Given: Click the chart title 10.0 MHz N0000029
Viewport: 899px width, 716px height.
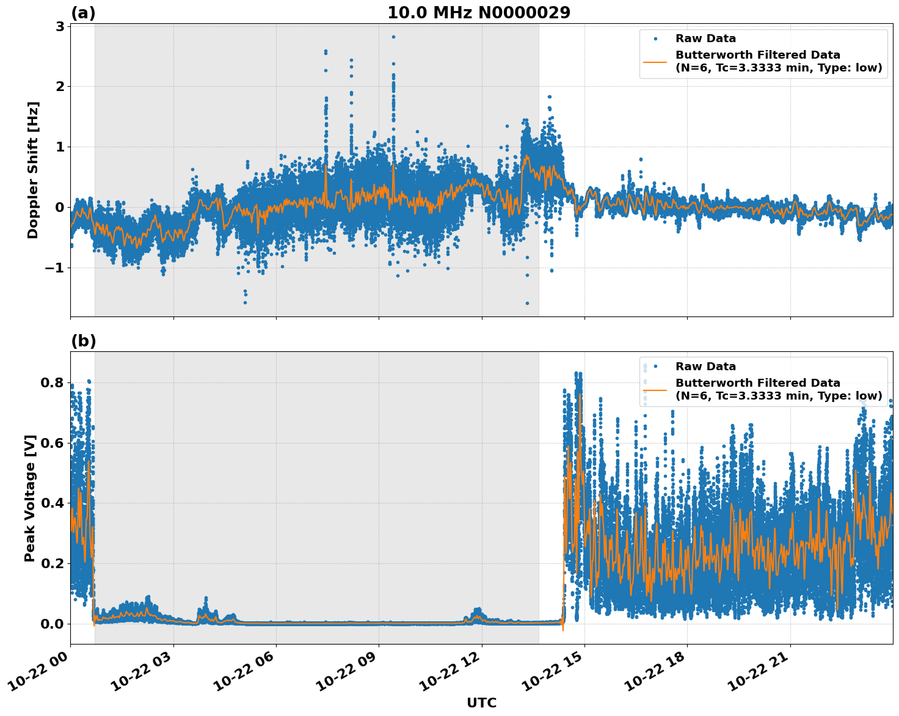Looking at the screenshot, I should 479,13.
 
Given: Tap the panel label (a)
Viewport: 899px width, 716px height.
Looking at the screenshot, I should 83,13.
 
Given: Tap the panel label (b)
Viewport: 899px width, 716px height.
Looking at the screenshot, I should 83,341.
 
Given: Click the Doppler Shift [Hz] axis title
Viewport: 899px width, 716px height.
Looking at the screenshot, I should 33,170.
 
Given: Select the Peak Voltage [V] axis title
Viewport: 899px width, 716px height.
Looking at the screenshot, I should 30,498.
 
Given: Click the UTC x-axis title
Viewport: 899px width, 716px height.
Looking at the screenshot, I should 481,703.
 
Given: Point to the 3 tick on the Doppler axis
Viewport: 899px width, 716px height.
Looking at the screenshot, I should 60,26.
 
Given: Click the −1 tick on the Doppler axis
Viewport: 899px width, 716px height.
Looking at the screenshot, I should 55,268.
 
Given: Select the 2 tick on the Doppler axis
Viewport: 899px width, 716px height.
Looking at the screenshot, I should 60,86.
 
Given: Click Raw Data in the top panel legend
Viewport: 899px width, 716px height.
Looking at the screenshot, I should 705,39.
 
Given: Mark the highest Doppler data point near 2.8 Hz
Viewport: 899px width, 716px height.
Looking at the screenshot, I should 393,37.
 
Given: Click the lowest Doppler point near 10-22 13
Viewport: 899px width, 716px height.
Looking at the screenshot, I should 527,303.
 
